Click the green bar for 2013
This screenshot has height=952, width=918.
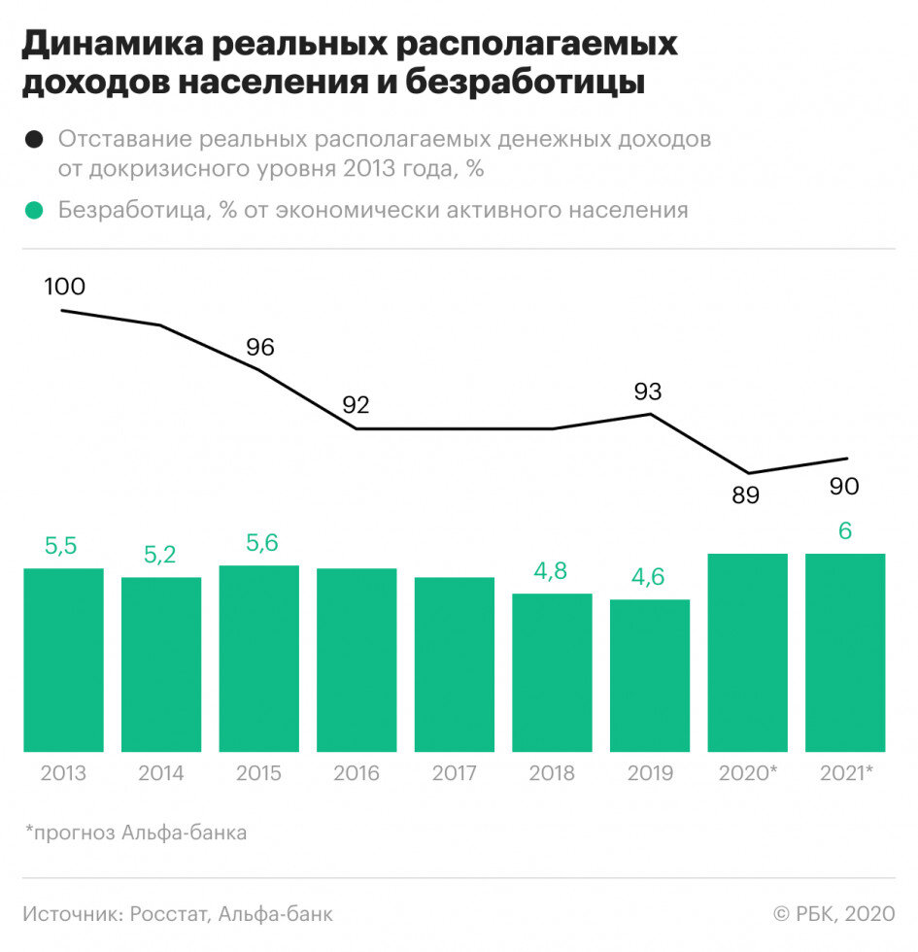[x=63, y=660]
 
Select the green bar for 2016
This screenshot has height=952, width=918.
[x=357, y=660]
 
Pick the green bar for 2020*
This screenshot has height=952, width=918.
[x=747, y=652]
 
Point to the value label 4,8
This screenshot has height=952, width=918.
[x=552, y=572]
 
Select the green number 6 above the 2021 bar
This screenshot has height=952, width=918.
[x=845, y=532]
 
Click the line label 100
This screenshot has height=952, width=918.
[x=65, y=287]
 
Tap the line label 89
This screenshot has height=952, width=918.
[x=745, y=495]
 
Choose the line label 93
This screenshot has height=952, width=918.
[x=648, y=391]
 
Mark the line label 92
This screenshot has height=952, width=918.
[x=356, y=405]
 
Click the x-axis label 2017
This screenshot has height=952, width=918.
[x=454, y=774]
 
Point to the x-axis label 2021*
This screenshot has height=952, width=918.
[x=846, y=774]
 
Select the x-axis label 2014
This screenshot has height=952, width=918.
[x=160, y=774]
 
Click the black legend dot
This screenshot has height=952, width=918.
[x=35, y=139]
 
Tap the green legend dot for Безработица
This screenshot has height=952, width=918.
[x=35, y=211]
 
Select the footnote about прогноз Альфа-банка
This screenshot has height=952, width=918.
[x=136, y=833]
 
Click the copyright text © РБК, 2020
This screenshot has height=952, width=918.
[x=833, y=914]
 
